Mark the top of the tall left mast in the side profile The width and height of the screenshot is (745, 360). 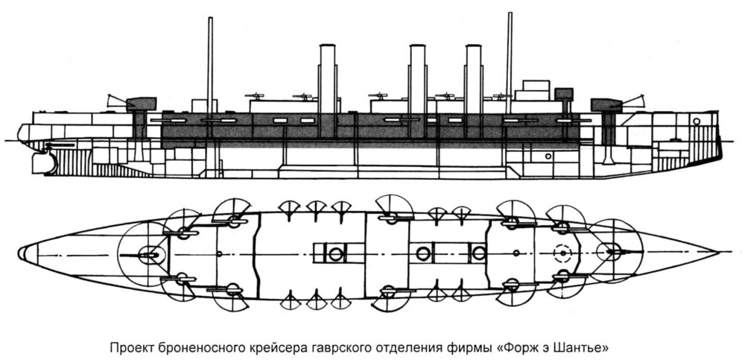(210, 18)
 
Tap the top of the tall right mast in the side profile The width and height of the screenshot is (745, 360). (510, 13)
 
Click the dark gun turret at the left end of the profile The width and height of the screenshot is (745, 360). (141, 103)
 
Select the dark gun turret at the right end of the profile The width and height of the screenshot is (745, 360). (606, 105)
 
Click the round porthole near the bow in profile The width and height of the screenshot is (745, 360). (696, 121)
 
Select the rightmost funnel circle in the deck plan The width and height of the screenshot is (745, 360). (479, 253)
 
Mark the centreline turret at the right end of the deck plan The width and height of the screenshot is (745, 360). (614, 251)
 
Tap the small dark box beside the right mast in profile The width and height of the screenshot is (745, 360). (564, 94)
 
